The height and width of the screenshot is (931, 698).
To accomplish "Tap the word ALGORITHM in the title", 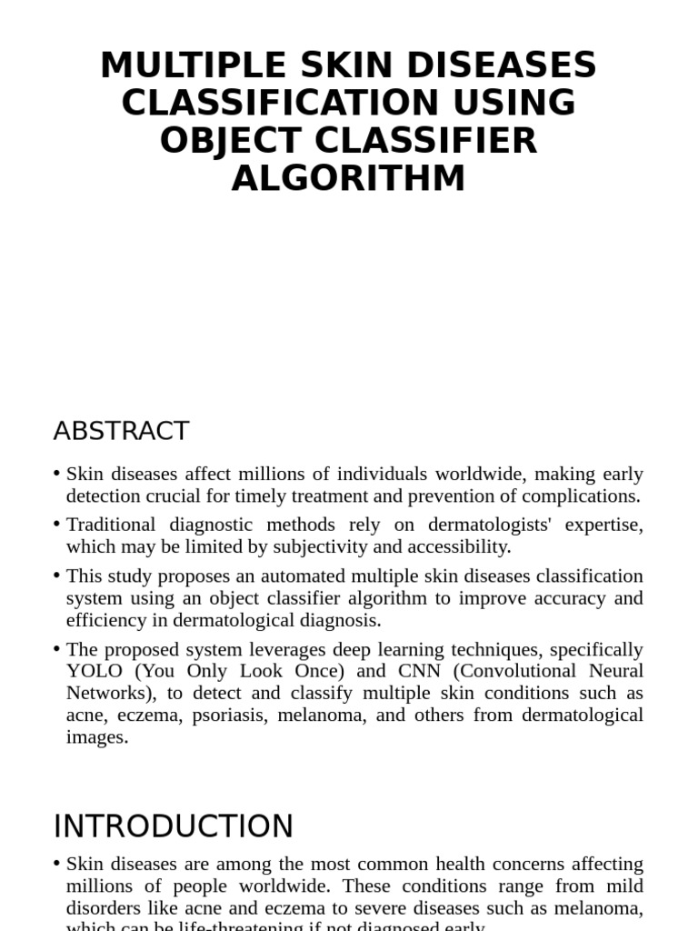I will pyautogui.click(x=348, y=178).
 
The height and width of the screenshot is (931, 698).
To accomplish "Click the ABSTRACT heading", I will pyautogui.click(x=121, y=431).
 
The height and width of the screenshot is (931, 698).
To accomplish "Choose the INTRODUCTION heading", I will pyautogui.click(x=174, y=826).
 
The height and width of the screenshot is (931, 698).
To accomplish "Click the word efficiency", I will pyautogui.click(x=103, y=620).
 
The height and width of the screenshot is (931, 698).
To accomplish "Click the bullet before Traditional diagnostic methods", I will pyautogui.click(x=57, y=525).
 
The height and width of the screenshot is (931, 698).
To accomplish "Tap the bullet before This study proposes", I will pyautogui.click(x=57, y=576).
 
